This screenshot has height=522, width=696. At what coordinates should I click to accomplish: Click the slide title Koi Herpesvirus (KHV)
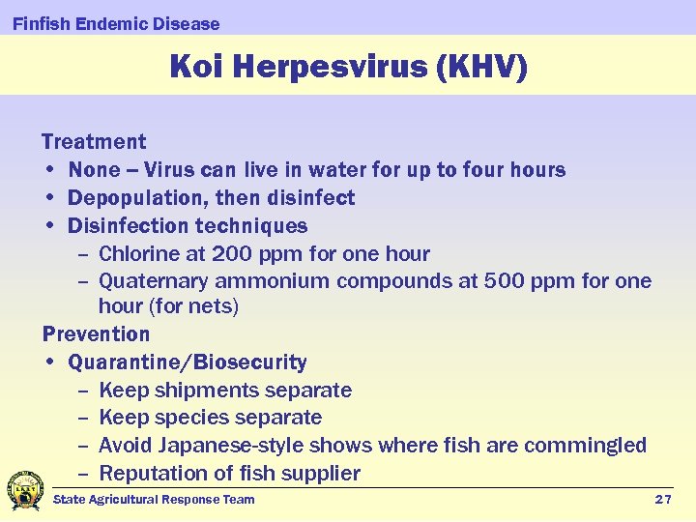coord(348,67)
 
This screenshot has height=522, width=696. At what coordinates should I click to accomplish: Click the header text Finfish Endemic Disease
coord(116,23)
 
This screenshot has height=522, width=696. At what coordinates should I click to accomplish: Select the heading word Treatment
coord(94,142)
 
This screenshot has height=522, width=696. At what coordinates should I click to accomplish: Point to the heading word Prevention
coord(96,334)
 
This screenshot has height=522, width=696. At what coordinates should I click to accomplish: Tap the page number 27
coord(662,499)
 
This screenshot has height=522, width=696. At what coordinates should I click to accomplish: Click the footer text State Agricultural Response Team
coord(154,499)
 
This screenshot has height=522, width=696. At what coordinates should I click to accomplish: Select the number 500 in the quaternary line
coord(505,281)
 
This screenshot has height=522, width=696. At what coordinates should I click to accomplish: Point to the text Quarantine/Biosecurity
coord(188,362)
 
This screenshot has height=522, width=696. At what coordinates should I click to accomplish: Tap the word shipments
coord(204,391)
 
